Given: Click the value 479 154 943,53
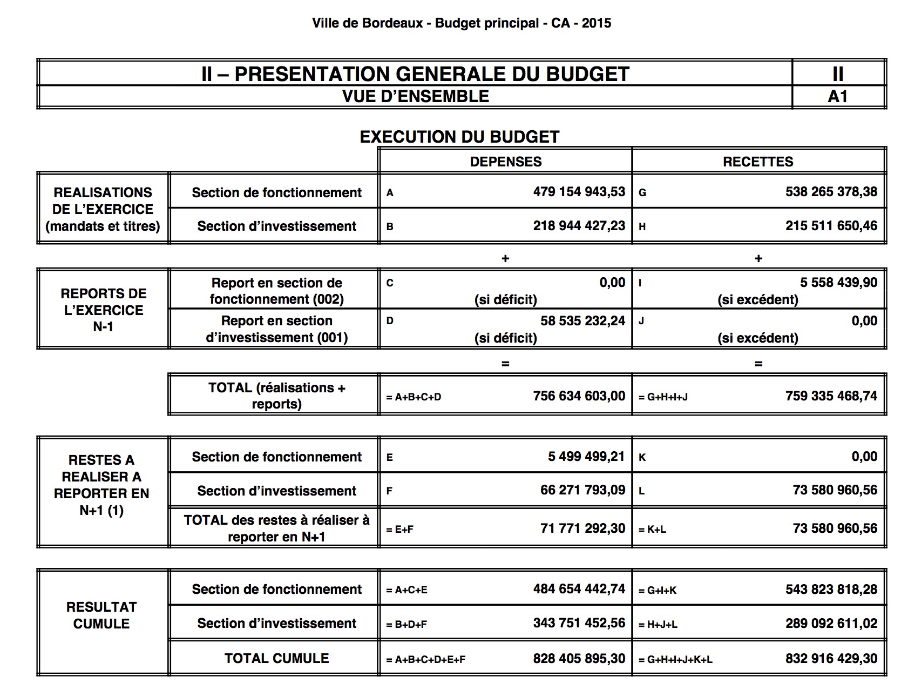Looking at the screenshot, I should pos(579,192).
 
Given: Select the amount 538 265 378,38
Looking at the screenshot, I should pos(831,192).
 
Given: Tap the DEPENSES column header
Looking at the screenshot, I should pos(505,162).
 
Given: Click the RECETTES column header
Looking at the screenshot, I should pos(758,162).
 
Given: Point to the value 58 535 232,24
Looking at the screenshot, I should pos(582,321).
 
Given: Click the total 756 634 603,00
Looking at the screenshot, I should pos(579,396).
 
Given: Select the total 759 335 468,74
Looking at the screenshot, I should pos(831,396).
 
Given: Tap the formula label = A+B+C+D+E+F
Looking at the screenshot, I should pos(426,660).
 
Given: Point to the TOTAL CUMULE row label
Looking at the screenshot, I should pos(276,658).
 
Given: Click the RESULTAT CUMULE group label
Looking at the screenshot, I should pos(101,615).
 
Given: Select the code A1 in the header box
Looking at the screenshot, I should pos(837,97).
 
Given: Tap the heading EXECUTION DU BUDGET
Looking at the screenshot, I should pos(459,137).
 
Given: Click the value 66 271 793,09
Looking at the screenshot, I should pos(582,490).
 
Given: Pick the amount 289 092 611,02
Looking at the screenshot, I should pos(831,623).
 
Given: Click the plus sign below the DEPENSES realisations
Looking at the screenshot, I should pos(505,259).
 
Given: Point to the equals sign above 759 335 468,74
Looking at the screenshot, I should pos(758,364).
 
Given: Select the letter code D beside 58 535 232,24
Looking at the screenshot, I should pos(390,321).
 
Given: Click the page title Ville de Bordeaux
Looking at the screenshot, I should pos(367,23).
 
